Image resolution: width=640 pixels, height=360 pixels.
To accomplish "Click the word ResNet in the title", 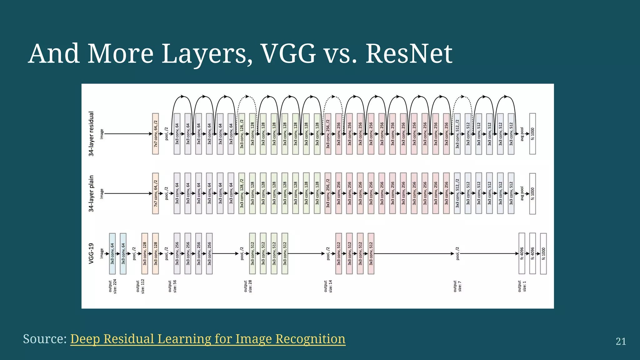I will pyautogui.click(x=409, y=54).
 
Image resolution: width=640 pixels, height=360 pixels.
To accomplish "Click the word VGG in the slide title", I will pyautogui.click(x=288, y=54).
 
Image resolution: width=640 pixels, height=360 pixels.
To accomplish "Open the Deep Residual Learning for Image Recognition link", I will pyautogui.click(x=208, y=339).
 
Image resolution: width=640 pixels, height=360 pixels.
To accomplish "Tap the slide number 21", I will pyautogui.click(x=621, y=341).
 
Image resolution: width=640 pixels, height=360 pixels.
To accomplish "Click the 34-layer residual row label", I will pyautogui.click(x=91, y=134).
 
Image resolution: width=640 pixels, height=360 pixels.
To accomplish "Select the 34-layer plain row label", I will pyautogui.click(x=91, y=193).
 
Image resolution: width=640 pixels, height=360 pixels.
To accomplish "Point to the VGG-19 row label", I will pyautogui.click(x=91, y=253).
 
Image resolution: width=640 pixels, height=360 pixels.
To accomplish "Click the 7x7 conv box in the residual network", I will pyautogui.click(x=155, y=134).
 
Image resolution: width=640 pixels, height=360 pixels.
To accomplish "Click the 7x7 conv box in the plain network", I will pyautogui.click(x=155, y=193).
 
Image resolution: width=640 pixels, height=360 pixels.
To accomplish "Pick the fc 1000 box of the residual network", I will pyautogui.click(x=532, y=134).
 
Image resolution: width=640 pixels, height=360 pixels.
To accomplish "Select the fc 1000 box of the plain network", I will pyautogui.click(x=532, y=193).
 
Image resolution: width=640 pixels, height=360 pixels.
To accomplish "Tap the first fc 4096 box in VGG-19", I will pyautogui.click(x=522, y=253).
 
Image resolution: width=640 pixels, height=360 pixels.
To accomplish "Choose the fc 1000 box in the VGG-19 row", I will pyautogui.click(x=543, y=253).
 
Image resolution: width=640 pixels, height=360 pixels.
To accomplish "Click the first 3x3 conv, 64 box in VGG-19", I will pyautogui.click(x=112, y=253).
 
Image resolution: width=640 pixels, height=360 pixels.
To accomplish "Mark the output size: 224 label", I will pyautogui.click(x=112, y=287).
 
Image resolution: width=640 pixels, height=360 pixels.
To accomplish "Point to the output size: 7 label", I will pyautogui.click(x=457, y=286).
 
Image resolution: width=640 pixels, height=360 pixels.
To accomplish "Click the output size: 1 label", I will pyautogui.click(x=522, y=286).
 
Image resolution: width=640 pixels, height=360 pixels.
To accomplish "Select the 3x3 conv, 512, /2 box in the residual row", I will pyautogui.click(x=457, y=134).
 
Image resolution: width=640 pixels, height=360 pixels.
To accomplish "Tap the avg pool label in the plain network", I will pyautogui.click(x=522, y=193).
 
